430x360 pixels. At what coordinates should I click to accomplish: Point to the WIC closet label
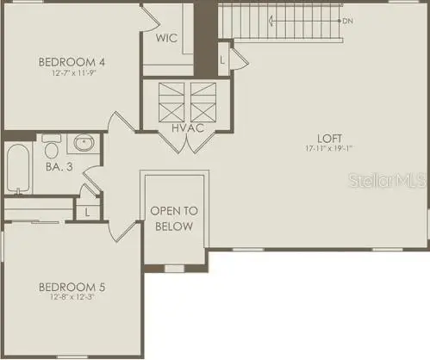pyautogui.click(x=167, y=38)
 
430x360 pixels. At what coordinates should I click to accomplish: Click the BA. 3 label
pyautogui.click(x=59, y=165)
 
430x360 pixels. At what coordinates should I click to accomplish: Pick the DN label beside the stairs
pyautogui.click(x=347, y=20)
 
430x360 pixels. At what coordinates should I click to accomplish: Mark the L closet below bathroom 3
pyautogui.click(x=88, y=212)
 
